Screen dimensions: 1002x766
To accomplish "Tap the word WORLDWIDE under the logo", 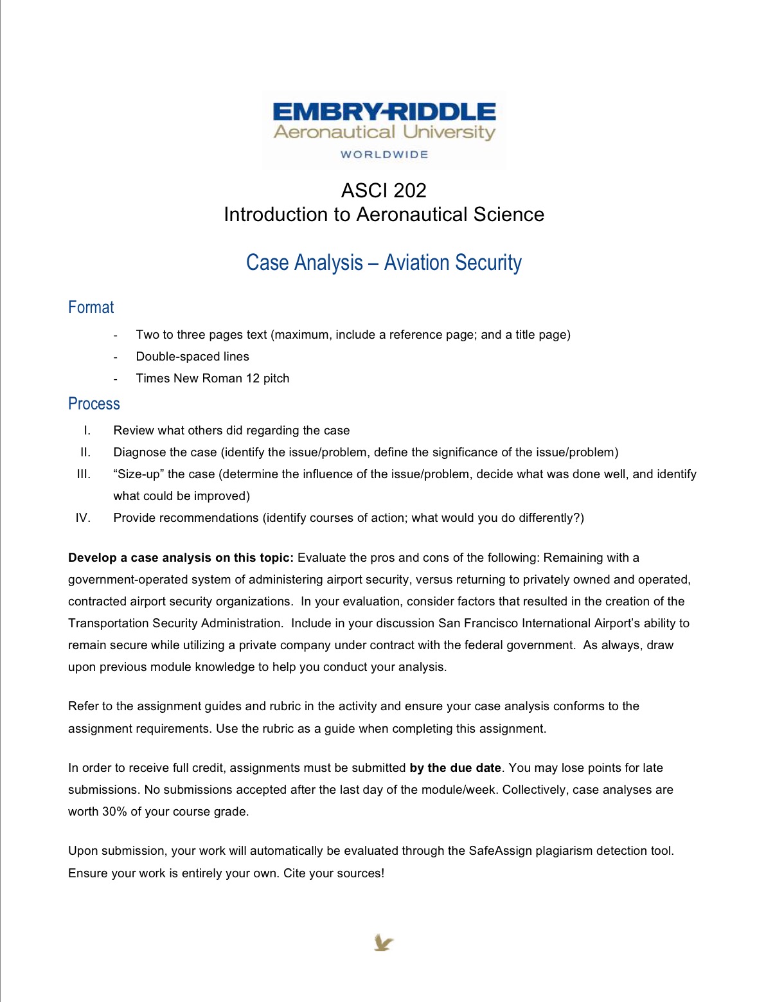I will tap(384, 154).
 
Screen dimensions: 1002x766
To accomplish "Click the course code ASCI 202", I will tap(384, 190).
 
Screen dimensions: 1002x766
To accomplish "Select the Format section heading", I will tap(91, 307).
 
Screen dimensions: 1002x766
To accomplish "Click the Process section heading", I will tap(94, 404).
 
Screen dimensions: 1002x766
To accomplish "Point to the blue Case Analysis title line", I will tap(384, 263).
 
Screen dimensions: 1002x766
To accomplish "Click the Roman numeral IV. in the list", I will tap(83, 517).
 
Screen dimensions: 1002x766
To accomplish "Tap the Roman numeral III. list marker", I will tap(84, 474).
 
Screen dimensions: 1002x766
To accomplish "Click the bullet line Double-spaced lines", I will tap(192, 356).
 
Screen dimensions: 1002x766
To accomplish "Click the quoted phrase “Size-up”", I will tap(137, 474).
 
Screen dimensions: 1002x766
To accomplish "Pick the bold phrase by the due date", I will tap(455, 767).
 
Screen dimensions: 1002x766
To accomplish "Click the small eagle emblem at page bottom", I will tap(384, 943).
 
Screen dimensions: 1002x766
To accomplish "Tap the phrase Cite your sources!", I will tap(334, 873).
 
